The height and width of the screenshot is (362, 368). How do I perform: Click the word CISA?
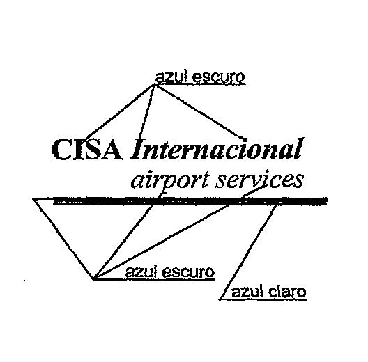pyautogui.click(x=87, y=150)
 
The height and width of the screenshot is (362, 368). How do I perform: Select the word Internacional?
pyautogui.click(x=217, y=148)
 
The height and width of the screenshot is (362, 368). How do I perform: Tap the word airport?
pyautogui.click(x=170, y=182)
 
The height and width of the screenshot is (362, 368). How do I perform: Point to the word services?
pyautogui.click(x=259, y=180)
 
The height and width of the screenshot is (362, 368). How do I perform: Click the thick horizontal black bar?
pyautogui.click(x=190, y=201)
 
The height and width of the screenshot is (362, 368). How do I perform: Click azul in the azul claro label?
pyautogui.click(x=247, y=292)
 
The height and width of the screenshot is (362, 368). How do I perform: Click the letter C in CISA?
pyautogui.click(x=62, y=150)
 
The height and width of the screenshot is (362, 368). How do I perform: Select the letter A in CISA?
pyautogui.click(x=111, y=150)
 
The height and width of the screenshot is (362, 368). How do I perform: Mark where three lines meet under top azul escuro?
pyautogui.click(x=154, y=85)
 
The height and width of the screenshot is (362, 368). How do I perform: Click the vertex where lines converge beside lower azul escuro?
pyautogui.click(x=94, y=278)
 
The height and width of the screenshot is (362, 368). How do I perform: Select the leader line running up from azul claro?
pyautogui.click(x=248, y=252)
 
